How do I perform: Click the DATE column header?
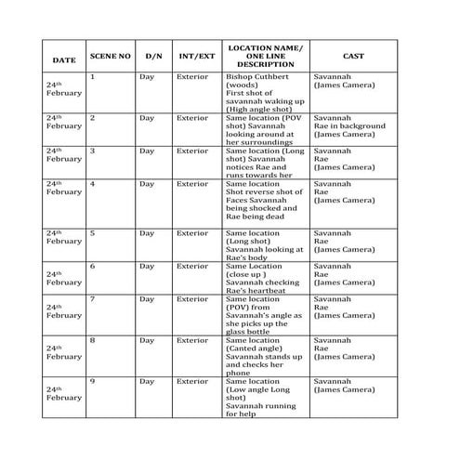tap(64, 60)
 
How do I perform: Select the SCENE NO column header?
tap(109, 56)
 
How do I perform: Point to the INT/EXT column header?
tap(196, 56)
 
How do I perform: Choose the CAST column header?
tap(352, 56)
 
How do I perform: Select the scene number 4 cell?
tap(92, 184)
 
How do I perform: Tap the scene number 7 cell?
tap(92, 299)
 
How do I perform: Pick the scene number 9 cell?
tap(92, 381)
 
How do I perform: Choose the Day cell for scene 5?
tap(147, 233)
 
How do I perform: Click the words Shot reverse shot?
tap(264, 192)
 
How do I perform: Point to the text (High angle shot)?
tap(263, 110)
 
